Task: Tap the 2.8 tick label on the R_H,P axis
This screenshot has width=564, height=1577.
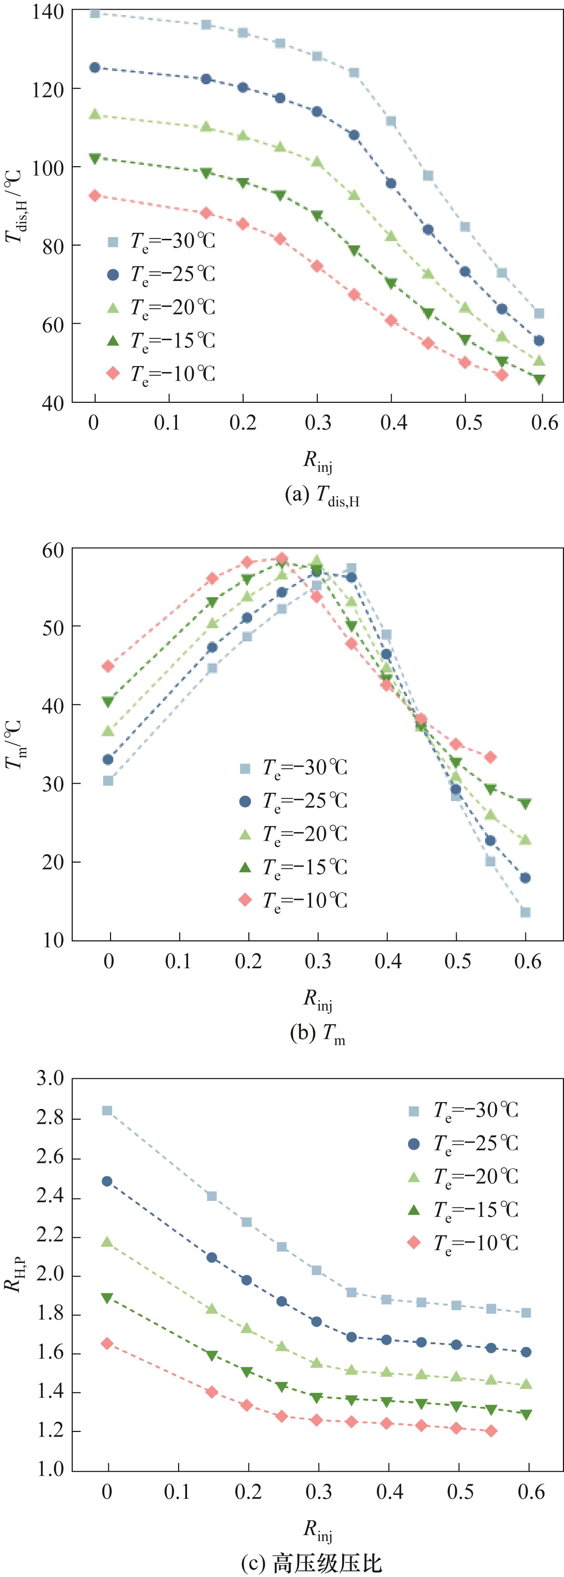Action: pyautogui.click(x=50, y=1118)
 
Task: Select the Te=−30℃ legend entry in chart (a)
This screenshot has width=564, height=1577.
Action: pyautogui.click(x=161, y=241)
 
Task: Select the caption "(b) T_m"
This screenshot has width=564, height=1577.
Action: pyautogui.click(x=317, y=1034)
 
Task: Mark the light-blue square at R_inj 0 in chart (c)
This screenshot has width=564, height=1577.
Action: pyautogui.click(x=107, y=1110)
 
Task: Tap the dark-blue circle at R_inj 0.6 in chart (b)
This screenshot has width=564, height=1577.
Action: pyautogui.click(x=525, y=878)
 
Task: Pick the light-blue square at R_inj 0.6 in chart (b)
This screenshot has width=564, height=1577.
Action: pyautogui.click(x=525, y=912)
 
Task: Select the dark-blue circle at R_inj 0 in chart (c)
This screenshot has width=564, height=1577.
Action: pyautogui.click(x=107, y=1181)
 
